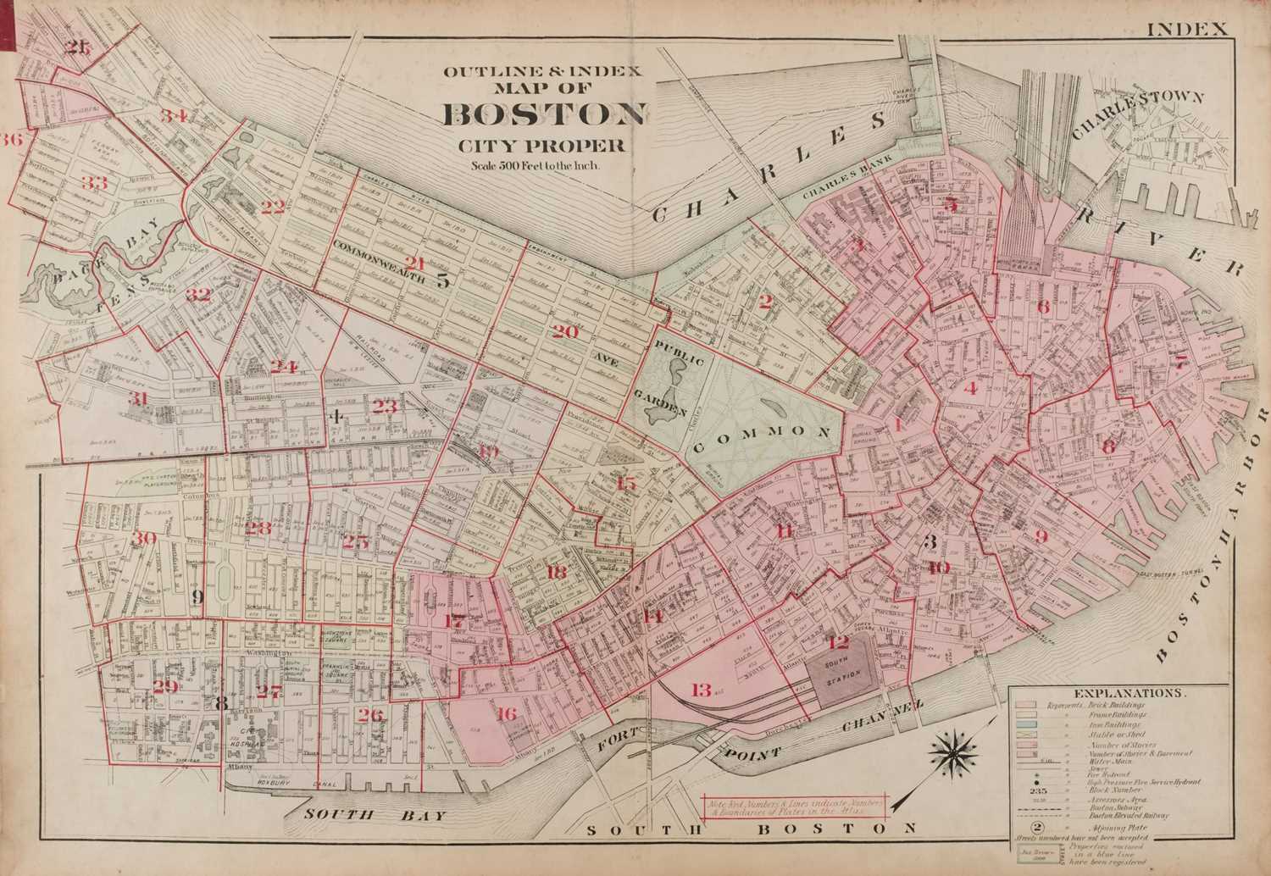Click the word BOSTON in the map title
(545, 114)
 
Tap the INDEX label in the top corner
(1186, 28)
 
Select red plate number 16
(506, 713)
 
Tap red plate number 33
(94, 182)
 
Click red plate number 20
(565, 331)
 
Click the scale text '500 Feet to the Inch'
(536, 165)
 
